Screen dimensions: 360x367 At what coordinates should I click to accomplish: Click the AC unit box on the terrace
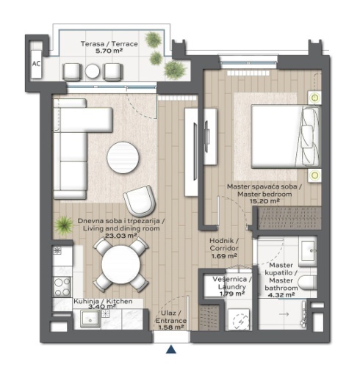(36, 64)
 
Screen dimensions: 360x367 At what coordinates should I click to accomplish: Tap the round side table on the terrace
(93, 71)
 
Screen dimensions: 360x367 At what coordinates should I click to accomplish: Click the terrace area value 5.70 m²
(109, 51)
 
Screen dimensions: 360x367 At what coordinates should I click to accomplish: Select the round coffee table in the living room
(123, 158)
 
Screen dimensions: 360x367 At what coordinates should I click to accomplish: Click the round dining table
(121, 265)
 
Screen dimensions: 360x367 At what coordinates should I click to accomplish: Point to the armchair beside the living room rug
(140, 200)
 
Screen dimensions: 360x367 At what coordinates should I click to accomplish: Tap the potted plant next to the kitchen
(63, 225)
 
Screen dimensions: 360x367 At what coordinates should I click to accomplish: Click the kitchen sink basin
(90, 319)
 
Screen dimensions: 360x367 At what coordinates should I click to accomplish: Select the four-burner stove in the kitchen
(62, 287)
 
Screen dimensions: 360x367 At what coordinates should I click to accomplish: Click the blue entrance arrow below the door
(171, 349)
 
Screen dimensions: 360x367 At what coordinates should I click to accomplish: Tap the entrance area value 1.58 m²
(171, 327)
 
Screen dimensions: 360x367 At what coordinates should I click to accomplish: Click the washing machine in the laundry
(240, 319)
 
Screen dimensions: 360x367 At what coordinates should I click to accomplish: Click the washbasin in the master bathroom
(309, 250)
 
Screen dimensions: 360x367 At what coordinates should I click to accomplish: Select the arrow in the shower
(284, 314)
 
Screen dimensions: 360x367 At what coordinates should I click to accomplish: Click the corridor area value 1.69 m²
(224, 256)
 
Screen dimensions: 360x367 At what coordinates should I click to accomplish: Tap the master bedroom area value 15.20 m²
(264, 201)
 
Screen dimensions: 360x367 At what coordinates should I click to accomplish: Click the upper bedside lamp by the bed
(314, 98)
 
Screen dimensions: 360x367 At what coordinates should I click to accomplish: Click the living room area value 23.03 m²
(121, 236)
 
